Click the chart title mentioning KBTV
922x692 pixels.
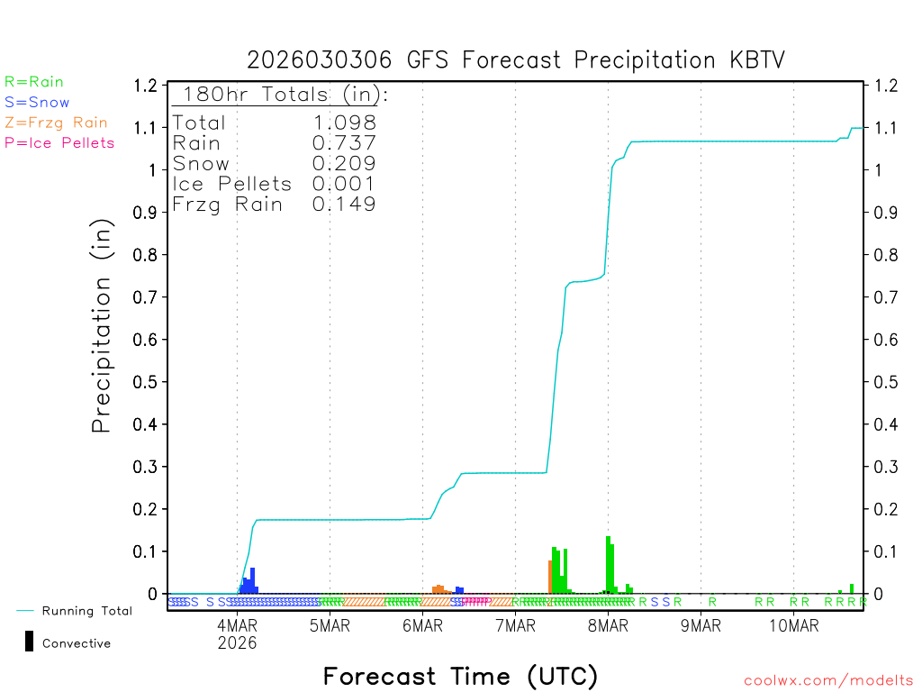click(x=516, y=60)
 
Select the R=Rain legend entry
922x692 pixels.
click(x=34, y=82)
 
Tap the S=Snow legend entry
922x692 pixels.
click(x=37, y=103)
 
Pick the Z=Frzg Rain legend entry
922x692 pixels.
click(x=56, y=123)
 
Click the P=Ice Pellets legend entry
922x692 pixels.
click(x=59, y=142)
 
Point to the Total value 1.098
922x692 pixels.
click(x=344, y=123)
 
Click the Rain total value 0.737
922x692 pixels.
click(x=344, y=143)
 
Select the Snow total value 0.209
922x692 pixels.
click(x=344, y=163)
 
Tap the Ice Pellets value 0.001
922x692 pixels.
click(x=344, y=184)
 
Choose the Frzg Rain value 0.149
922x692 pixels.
click(x=344, y=205)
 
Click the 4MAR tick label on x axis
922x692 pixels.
click(x=237, y=626)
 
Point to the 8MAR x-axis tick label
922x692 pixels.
click(x=608, y=626)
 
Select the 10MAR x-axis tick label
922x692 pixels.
click(x=793, y=626)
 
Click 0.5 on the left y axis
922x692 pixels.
click(x=146, y=382)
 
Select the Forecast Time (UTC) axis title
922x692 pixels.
click(x=460, y=676)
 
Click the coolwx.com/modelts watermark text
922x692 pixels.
click(x=828, y=681)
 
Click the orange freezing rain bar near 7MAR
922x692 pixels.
click(x=550, y=577)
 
